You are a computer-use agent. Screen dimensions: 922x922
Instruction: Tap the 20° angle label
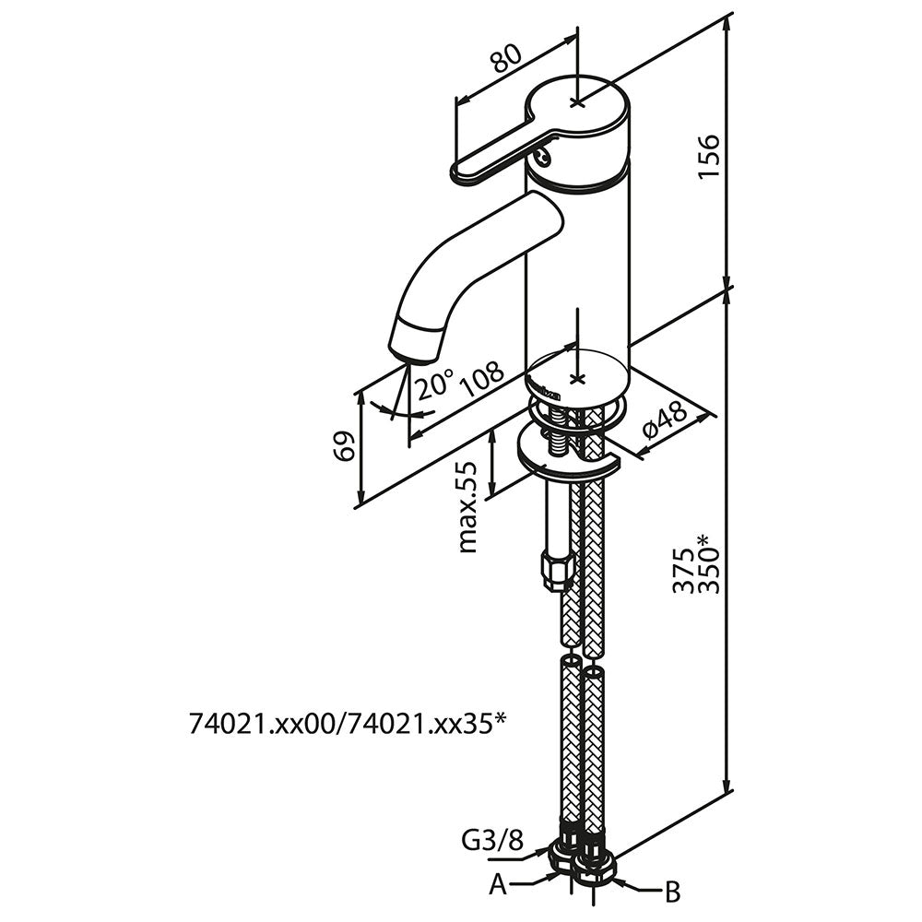click(434, 382)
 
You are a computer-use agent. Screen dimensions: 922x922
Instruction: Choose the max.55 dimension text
click(469, 506)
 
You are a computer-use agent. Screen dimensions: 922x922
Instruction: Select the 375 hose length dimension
click(683, 572)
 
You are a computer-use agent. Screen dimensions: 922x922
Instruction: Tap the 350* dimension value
click(707, 562)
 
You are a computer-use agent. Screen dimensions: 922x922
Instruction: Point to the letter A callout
click(498, 885)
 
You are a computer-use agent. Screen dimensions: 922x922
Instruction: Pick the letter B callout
click(673, 892)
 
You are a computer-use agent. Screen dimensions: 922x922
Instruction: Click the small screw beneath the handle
click(543, 158)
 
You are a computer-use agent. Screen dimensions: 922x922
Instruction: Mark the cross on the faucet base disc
click(577, 379)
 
